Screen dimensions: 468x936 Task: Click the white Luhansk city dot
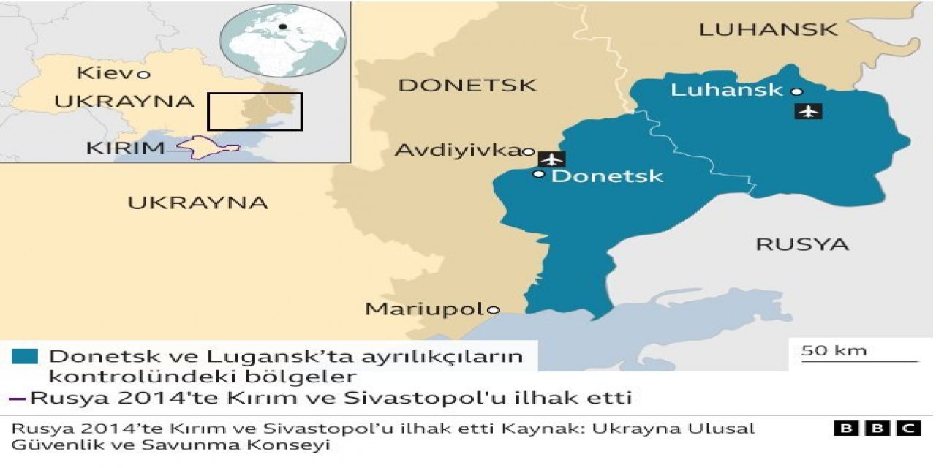tap(796, 91)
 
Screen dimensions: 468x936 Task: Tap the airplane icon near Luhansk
tap(808, 111)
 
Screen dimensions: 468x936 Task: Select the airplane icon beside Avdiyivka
tap(551, 159)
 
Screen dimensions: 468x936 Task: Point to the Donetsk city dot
tap(539, 174)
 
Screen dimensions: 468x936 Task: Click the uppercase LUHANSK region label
tap(768, 30)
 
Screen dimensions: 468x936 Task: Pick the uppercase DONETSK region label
tap(467, 86)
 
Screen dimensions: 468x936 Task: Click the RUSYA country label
tap(802, 244)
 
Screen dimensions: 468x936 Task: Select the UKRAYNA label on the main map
tap(198, 203)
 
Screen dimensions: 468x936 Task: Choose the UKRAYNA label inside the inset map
tap(124, 102)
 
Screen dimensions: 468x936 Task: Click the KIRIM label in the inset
tap(125, 148)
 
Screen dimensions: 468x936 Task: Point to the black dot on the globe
tap(282, 28)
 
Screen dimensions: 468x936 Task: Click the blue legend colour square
tap(25, 357)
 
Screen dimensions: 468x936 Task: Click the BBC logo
tap(877, 429)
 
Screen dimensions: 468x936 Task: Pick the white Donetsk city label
tap(607, 175)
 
